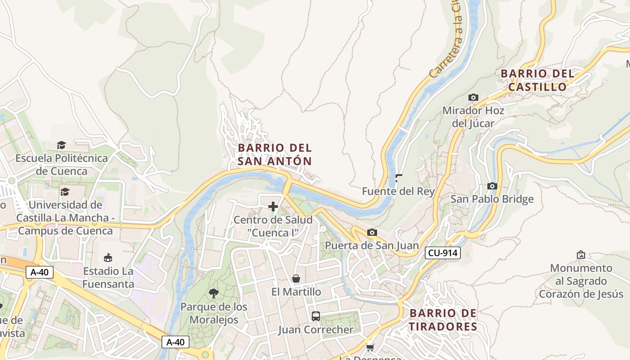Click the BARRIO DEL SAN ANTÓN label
pos(274,154)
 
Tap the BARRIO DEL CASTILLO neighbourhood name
pos(537,80)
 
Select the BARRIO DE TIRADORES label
pos(443,320)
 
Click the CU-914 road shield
pos(443,253)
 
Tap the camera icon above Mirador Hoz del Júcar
pos(473,97)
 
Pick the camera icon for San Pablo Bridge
pos(492,186)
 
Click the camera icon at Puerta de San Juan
pos(372,232)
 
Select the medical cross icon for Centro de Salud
pos(273,207)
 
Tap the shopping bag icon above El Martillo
pos(296,279)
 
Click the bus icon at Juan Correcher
pos(316,316)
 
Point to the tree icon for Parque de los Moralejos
pos(214,293)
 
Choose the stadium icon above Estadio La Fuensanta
pos(108,258)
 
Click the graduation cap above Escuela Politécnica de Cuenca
pos(61,145)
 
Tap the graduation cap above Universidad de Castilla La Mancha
pos(65,192)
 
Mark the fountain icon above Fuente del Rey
pos(398,178)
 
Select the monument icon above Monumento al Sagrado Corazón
pos(581,255)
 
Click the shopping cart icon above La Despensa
pos(370,347)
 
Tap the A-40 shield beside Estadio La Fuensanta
pos(40,272)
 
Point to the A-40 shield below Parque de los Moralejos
pos(175,342)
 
